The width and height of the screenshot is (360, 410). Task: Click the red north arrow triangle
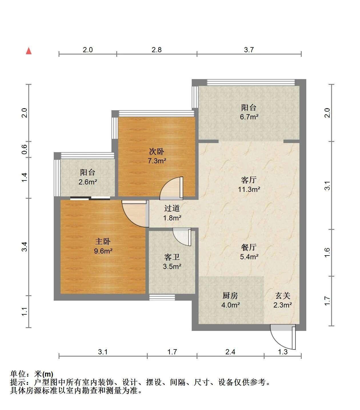pos(29,51)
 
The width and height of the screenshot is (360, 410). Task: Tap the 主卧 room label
pos(103,242)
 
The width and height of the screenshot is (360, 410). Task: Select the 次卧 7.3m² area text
pos(157,161)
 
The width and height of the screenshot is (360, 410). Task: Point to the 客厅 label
pos(249,180)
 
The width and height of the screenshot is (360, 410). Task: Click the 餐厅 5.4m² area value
pos(249,257)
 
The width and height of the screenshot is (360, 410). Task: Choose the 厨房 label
pos(230,296)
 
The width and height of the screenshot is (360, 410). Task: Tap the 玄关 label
pos(283,296)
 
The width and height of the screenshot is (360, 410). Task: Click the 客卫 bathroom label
pos(172,257)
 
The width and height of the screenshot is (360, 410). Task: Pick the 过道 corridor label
pos(172,208)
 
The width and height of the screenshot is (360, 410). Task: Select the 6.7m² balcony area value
pos(249,117)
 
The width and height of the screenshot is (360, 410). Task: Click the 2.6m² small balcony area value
pos(88,182)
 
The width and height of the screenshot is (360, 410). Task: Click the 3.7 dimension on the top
pos(249,50)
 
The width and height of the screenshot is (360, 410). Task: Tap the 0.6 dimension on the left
pos(24,149)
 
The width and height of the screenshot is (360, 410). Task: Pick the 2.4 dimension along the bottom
pos(230,352)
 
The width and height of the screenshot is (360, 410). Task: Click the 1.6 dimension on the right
pos(327,253)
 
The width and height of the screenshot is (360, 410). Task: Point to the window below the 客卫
pos(162,297)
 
